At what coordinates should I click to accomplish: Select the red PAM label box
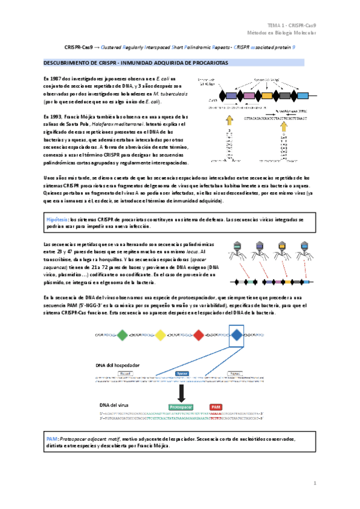pos(216,406)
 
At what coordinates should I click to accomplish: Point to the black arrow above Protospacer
pos(181,393)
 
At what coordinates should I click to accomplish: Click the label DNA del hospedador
pos(117,365)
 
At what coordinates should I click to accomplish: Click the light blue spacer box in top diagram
pos(302,95)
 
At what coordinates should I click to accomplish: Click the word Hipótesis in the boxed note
pos(58,220)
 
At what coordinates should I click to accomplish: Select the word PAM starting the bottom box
pos(52,439)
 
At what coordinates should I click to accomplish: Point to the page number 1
pos(314,483)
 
